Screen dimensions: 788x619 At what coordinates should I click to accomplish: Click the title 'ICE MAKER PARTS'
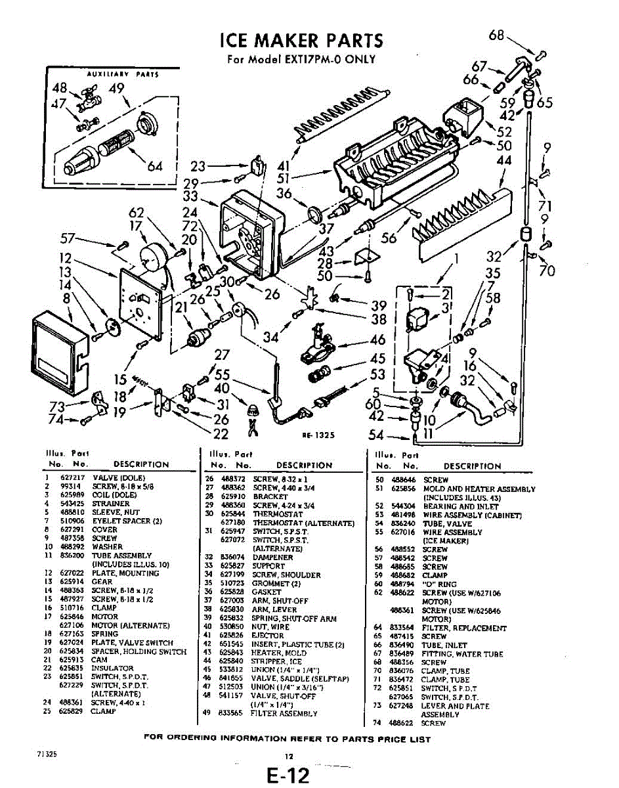[x=302, y=41]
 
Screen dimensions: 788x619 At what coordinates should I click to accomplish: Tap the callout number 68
[x=497, y=35]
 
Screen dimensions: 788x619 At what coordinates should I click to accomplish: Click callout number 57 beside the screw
[x=69, y=239]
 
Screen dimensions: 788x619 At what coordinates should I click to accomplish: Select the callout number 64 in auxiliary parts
[x=156, y=166]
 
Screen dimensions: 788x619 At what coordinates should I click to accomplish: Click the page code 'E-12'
[x=288, y=776]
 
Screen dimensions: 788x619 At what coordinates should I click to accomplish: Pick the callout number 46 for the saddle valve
[x=377, y=340]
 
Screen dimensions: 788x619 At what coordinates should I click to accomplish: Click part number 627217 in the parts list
[x=70, y=477]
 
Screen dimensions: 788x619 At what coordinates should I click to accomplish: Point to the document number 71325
[x=47, y=754]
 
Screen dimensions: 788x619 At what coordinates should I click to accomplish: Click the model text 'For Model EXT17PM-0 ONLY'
[x=301, y=59]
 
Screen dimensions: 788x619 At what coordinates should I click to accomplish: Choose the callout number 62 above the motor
[x=136, y=213]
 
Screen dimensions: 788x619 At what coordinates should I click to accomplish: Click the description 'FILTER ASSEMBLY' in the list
[x=285, y=713]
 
